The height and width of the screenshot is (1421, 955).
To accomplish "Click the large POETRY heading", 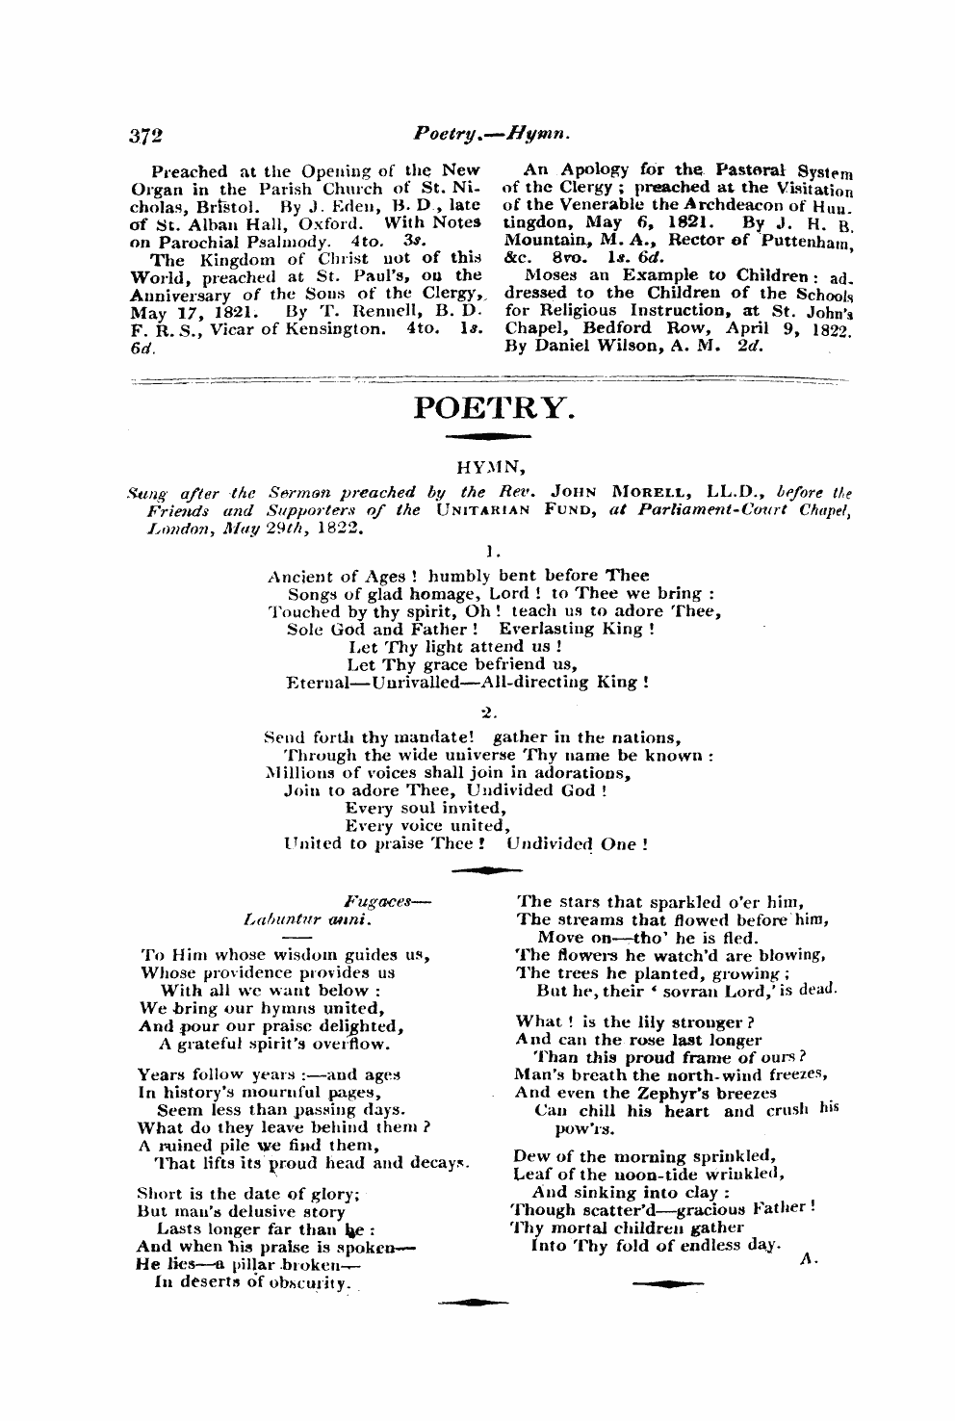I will pyautogui.click(x=494, y=409).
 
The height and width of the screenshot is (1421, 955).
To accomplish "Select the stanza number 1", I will pyautogui.click(x=492, y=553).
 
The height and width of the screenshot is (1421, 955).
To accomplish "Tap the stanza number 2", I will pyautogui.click(x=488, y=712).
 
